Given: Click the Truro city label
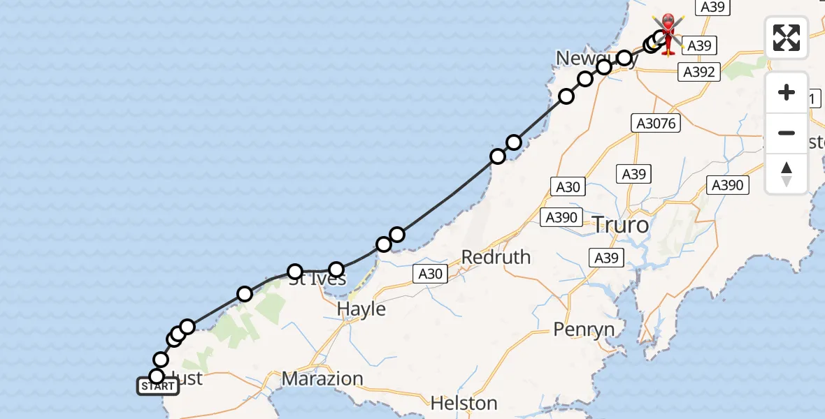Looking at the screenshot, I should coord(621,226).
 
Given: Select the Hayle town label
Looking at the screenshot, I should coord(361,308).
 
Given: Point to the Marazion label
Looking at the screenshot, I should coord(322,379).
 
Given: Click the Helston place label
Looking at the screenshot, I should coord(464,403).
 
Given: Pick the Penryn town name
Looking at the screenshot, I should coord(584,329).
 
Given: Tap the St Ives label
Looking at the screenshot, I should coord(317,279).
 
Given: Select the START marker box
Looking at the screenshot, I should coord(158,386).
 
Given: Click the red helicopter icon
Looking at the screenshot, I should coord(668,31).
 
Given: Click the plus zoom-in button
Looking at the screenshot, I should coord(787,92).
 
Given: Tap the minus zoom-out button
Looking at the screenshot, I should coord(787,133).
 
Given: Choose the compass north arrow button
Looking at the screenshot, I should coord(787,173).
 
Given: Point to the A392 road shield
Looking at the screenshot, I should coord(699,71).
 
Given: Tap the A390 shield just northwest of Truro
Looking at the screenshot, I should coord(561,217).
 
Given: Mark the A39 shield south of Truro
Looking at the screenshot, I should coord(605,258).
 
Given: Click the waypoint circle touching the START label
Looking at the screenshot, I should coord(157,376).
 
